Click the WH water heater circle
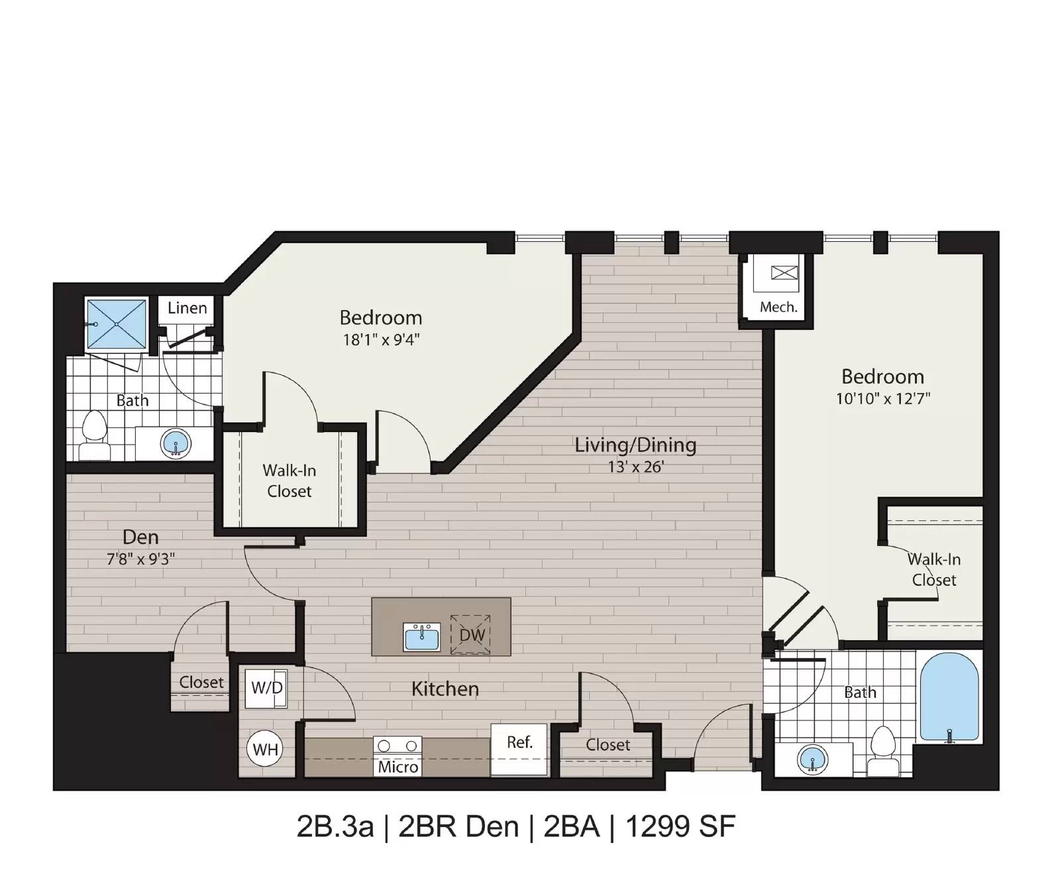[265, 749]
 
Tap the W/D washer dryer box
[266, 689]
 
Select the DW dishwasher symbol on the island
[471, 634]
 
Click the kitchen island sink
[422, 637]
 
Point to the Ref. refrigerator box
[519, 749]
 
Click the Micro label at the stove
[397, 767]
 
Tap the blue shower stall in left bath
[117, 324]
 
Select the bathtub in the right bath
[949, 697]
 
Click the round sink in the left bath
[176, 443]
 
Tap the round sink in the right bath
[813, 759]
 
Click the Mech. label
[778, 307]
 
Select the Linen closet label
[187, 308]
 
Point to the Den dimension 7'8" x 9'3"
[141, 559]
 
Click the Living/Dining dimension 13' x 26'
[635, 467]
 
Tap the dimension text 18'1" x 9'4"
[381, 340]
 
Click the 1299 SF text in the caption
[680, 826]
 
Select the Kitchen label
[445, 689]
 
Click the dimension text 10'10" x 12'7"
[883, 399]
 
